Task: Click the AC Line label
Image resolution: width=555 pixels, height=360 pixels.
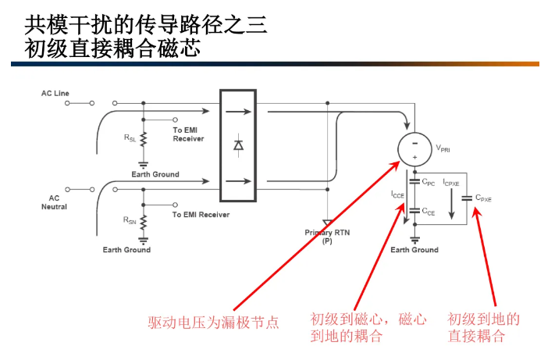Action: point(55,94)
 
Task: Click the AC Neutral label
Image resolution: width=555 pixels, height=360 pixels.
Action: point(55,202)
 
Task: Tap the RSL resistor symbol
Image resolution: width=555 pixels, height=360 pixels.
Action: point(144,139)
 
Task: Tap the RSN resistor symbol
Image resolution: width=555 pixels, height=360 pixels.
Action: point(144,222)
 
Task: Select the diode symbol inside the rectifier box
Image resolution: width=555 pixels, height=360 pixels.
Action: point(239,145)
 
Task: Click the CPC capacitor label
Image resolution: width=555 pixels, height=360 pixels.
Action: point(428,182)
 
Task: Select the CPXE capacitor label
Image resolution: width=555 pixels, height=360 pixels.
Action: point(484,198)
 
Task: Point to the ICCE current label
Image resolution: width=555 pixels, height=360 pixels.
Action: point(398,192)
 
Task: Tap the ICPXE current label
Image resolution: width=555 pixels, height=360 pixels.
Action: point(452,182)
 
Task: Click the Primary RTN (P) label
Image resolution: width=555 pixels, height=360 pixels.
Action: point(327,237)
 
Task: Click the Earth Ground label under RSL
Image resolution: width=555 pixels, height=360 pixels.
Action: point(155,174)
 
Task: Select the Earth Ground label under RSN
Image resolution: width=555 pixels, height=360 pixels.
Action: point(126,250)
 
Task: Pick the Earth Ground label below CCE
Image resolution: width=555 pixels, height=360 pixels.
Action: point(414,250)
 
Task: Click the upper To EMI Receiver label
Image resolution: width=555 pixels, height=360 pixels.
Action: point(188,134)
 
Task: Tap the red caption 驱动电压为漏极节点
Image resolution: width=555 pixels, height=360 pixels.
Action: point(214,322)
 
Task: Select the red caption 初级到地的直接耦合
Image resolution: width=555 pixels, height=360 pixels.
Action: point(483,327)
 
